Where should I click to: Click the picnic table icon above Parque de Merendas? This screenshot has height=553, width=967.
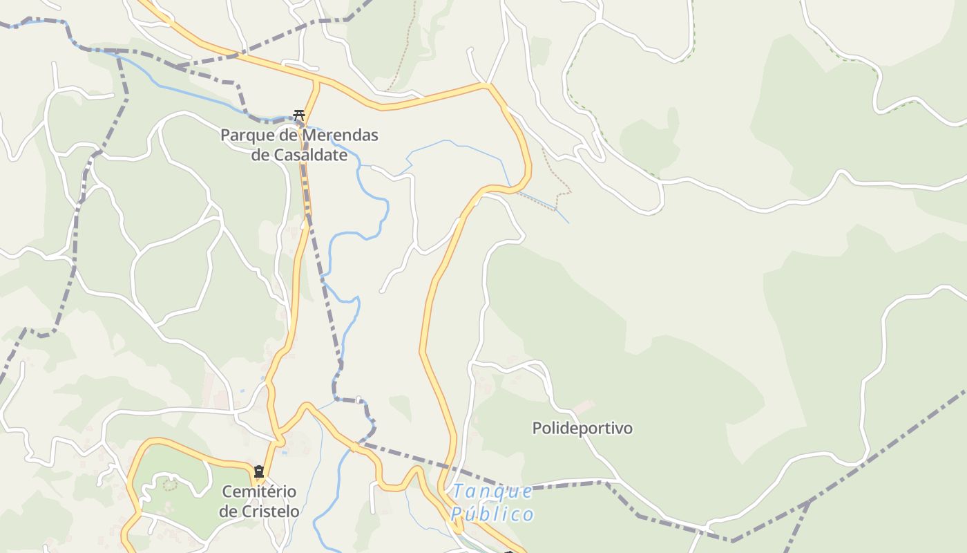coord(299,115)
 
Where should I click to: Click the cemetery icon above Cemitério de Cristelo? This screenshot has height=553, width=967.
coord(259,472)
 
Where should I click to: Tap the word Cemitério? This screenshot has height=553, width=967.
coord(259,491)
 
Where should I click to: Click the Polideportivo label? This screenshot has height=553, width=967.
coord(582,428)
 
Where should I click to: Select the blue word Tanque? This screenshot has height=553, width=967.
coord(492,491)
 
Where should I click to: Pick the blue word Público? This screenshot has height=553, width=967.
coord(492,514)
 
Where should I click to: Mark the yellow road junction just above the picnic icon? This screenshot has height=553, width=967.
coord(317,81)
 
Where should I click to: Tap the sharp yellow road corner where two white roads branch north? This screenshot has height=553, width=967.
coord(488,85)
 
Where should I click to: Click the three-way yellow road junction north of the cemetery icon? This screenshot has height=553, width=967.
coord(279,440)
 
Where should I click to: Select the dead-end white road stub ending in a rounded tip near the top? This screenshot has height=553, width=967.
coord(470,50)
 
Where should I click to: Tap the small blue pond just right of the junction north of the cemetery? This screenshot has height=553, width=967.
coord(285,453)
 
